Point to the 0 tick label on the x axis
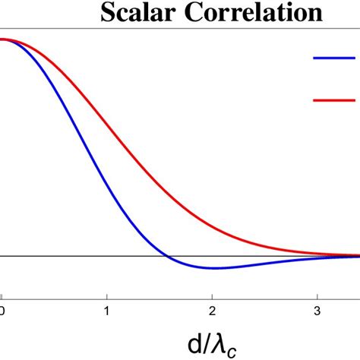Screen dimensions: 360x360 [x=2, y=311]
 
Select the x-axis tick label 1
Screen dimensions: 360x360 [x=107, y=311]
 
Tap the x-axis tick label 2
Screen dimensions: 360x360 [x=213, y=311]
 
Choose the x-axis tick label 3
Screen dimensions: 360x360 [x=317, y=311]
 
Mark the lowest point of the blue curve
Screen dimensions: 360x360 [x=215, y=268]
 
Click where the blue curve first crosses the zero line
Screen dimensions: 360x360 [x=169, y=256]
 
